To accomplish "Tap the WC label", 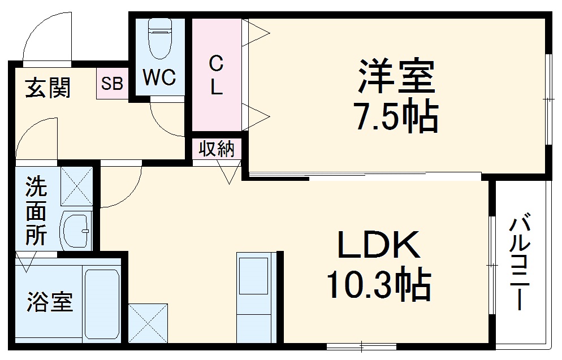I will [x=159, y=78].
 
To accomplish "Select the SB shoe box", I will [x=112, y=84].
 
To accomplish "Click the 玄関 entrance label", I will [x=49, y=88].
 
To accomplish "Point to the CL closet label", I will [x=216, y=75].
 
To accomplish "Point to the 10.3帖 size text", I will [x=379, y=285].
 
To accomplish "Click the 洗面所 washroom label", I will [x=36, y=211].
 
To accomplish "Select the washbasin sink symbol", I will [x=76, y=230].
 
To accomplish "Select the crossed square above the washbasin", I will [x=76, y=186].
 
